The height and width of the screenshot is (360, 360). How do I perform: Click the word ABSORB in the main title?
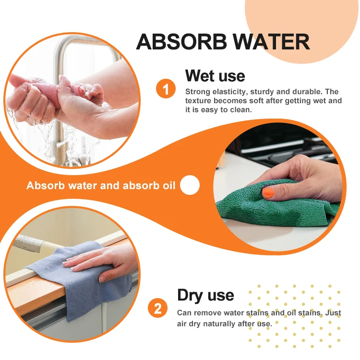tap(181, 42)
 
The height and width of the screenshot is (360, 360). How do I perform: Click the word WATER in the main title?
tap(271, 42)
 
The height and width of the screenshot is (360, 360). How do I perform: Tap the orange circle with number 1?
tap(166, 89)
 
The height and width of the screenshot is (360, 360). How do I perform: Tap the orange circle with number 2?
tap(158, 308)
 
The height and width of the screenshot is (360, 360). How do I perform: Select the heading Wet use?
tap(215, 76)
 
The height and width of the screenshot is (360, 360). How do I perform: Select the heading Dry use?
tap(205, 295)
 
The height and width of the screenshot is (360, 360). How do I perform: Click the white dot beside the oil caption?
tap(190, 185)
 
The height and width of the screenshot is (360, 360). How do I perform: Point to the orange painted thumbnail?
tap(268, 193)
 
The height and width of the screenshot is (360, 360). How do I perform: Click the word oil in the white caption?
tap(169, 185)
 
